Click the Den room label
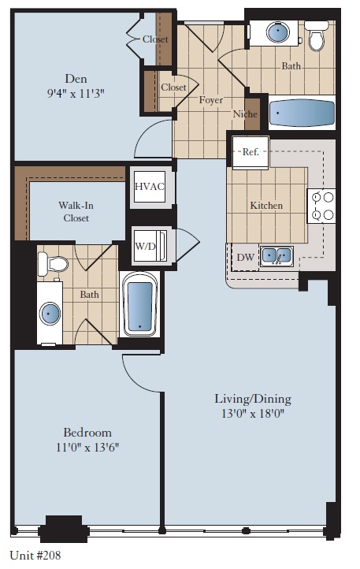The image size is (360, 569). coord(76,79)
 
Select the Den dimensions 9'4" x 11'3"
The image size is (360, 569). coord(76,93)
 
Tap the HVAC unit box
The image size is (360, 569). coord(149,186)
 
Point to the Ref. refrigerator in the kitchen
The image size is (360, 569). coord(251,152)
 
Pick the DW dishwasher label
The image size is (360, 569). coord(245,257)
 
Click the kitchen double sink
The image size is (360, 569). coord(276,255)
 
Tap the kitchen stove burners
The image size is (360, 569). coord(323,206)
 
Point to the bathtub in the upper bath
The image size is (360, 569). coord(302,113)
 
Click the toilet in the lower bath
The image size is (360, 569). coord(52,266)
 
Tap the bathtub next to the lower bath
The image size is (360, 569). coord(140,305)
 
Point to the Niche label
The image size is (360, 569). coord(245,114)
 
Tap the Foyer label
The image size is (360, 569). coord(211,101)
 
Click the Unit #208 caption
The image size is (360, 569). coord(35,555)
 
